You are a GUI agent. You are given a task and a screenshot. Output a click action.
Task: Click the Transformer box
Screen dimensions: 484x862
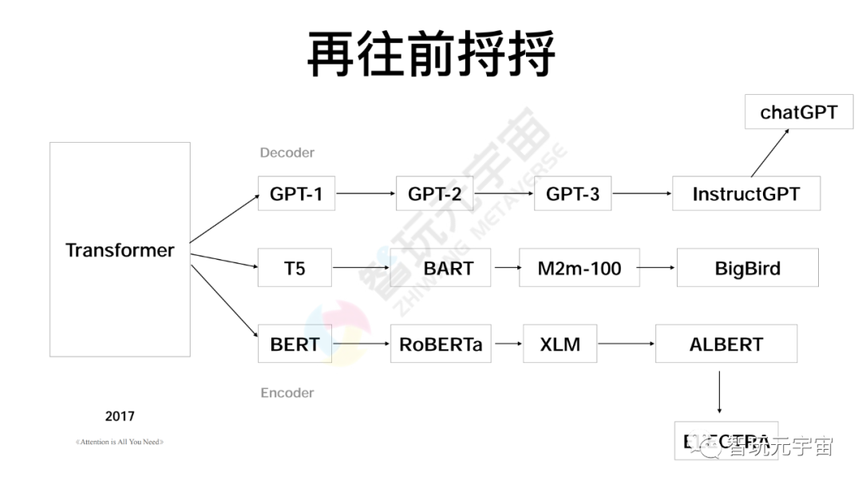(120, 250)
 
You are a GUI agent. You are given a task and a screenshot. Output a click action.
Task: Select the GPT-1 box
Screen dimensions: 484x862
(296, 193)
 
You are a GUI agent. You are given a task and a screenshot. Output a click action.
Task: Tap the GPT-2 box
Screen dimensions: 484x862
(434, 193)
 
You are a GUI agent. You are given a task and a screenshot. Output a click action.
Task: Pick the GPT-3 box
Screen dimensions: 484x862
(572, 193)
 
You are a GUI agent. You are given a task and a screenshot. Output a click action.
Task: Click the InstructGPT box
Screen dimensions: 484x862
(745, 193)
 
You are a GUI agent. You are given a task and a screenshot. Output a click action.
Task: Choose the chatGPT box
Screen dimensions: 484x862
(798, 112)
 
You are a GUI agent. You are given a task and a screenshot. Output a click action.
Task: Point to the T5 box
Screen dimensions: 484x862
(295, 268)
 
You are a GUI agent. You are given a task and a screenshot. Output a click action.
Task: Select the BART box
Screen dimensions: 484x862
(448, 268)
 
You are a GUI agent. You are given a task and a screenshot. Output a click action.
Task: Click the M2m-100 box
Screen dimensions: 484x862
(579, 268)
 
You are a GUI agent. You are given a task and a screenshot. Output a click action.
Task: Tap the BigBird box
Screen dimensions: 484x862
(747, 268)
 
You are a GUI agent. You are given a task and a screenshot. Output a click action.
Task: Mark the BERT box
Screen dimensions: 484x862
(295, 344)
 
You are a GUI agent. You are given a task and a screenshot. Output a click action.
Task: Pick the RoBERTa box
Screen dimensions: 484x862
(441, 344)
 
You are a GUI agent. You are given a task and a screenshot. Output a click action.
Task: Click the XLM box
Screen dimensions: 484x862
(560, 344)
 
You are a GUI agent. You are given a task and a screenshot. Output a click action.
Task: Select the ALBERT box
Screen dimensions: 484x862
(726, 344)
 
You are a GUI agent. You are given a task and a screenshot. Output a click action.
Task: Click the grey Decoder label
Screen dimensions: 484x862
(287, 152)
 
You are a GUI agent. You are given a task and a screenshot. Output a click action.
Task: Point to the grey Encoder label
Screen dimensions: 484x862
(287, 392)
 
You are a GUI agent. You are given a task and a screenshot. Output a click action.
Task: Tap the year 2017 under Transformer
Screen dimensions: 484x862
(120, 416)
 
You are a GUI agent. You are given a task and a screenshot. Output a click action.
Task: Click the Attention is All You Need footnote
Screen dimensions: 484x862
(120, 442)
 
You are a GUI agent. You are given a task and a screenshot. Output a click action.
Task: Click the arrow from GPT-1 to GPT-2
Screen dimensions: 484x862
(366, 193)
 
